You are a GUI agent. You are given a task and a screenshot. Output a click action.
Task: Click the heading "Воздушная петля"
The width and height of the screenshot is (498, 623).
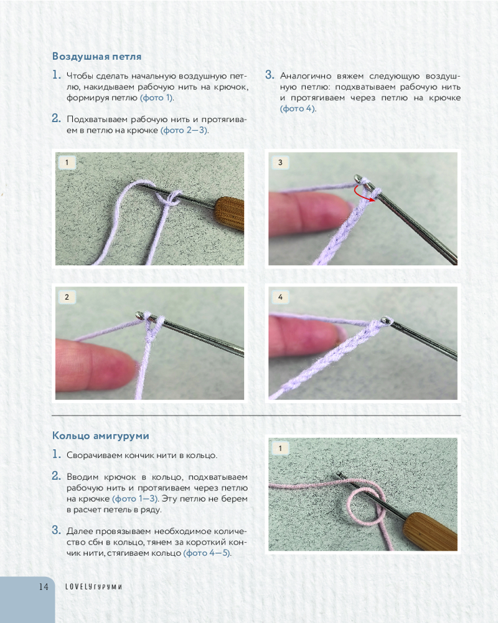point(97,57)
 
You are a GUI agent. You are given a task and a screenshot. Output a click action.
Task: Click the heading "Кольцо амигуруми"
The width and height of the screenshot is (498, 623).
point(101,436)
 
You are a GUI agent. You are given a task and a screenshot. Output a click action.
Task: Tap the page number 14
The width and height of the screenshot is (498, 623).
point(44,587)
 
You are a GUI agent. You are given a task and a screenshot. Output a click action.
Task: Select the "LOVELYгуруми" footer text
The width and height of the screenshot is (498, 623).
point(94,587)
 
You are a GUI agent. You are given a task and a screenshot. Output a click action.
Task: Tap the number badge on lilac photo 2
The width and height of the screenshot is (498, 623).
point(67,297)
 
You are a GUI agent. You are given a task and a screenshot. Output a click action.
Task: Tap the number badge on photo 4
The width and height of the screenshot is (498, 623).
point(280,297)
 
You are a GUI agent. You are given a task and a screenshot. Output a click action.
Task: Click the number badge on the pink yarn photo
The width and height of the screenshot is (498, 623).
point(280,448)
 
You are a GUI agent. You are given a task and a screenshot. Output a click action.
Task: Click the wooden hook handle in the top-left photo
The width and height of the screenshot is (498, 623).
point(229,213)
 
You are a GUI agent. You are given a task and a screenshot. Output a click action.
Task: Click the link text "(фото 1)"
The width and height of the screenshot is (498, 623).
point(156,98)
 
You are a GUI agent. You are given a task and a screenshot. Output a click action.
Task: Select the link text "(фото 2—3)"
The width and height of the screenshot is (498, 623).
point(184,130)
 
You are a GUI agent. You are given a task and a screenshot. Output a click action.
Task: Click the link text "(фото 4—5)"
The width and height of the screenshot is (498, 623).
point(207,553)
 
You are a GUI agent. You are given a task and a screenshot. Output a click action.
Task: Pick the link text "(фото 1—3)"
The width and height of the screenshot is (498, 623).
point(136,498)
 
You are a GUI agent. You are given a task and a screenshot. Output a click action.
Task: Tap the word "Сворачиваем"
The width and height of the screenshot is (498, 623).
point(95,456)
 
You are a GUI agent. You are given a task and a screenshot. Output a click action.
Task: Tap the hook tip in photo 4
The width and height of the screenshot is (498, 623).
point(385,320)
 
